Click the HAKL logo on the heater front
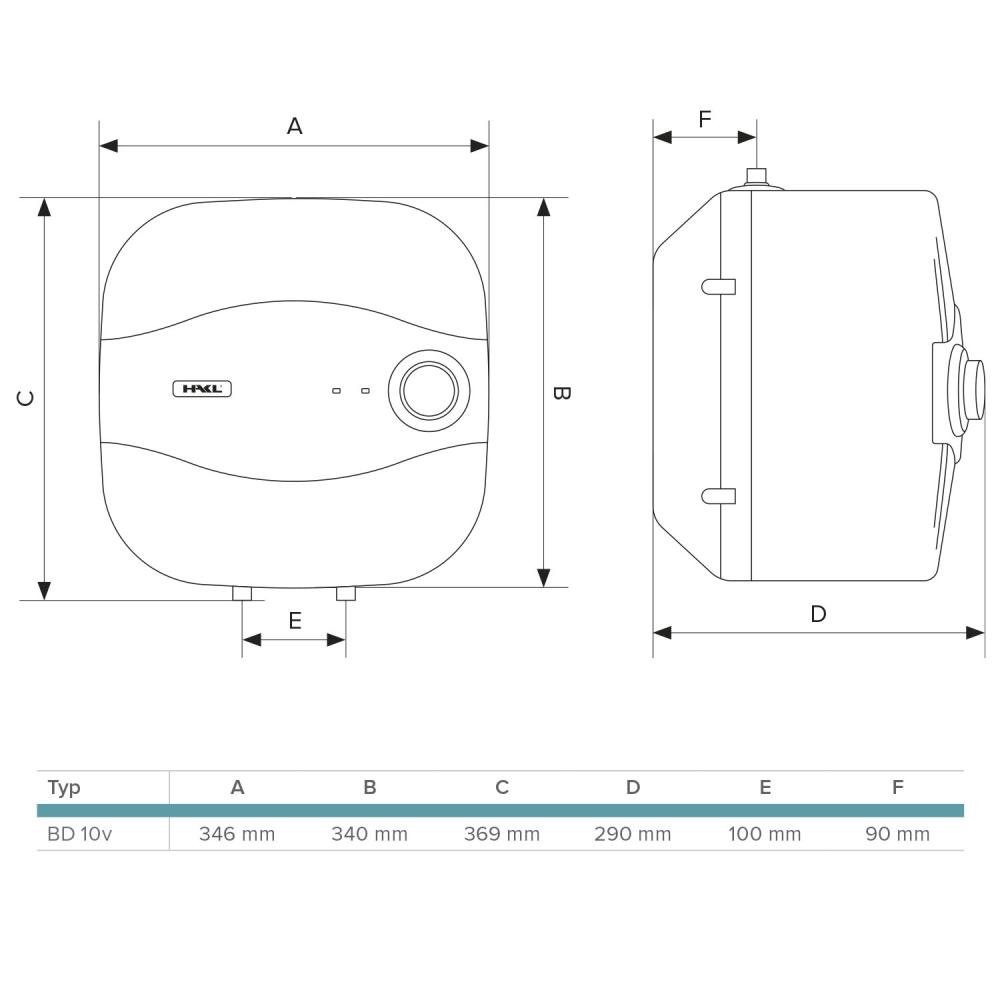click(202, 388)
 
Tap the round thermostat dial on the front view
click(429, 390)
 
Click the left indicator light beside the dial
click(337, 390)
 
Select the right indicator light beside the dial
click(365, 390)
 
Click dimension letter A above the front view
click(294, 126)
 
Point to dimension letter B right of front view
click(560, 393)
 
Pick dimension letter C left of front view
click(25, 398)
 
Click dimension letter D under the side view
click(818, 614)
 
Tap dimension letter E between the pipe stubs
click(295, 621)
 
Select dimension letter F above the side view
click(705, 119)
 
